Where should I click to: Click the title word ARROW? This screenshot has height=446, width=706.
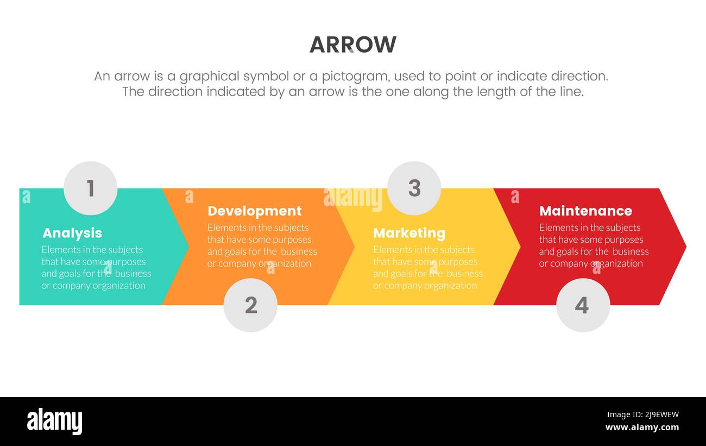pos(353,45)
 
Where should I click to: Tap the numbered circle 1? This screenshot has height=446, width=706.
pos(90,188)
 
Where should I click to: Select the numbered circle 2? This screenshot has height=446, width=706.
pos(250,305)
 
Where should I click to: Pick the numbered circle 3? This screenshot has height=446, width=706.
pos(414,188)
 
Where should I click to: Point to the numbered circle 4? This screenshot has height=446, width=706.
pos(583,305)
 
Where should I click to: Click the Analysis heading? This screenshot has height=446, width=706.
pos(72,233)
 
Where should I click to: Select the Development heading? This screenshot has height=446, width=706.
pos(254,211)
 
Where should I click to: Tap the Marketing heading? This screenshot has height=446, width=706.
pos(409,233)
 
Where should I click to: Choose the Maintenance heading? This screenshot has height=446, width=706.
pos(585,211)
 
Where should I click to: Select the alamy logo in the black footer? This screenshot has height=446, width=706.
pos(54,422)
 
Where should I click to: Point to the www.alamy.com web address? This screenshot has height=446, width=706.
pos(642,428)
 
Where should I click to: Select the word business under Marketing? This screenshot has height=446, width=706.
pos(464,274)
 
